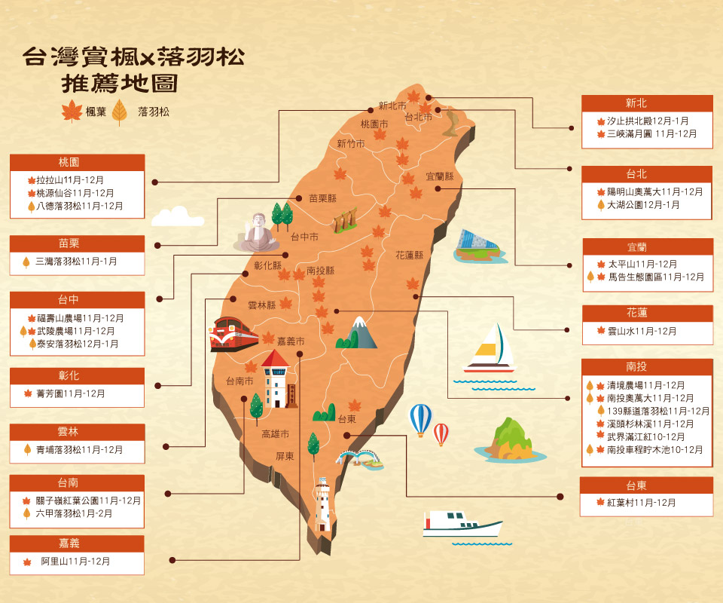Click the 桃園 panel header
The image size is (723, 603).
(x=77, y=162)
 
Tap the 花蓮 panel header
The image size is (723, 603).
(x=647, y=313)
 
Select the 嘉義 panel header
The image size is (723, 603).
(x=77, y=543)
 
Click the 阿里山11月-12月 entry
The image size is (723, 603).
(x=75, y=562)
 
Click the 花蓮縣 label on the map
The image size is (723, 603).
(x=410, y=256)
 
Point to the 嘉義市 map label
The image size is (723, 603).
(x=290, y=341)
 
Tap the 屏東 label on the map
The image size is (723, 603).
(x=285, y=456)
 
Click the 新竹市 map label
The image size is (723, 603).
(x=351, y=144)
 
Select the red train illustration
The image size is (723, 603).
(x=233, y=335)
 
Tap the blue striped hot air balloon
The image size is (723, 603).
(x=420, y=418)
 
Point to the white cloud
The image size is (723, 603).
(x=177, y=217)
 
